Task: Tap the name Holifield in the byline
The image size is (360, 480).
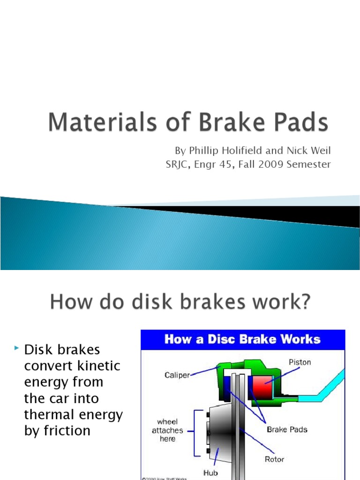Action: point(238,150)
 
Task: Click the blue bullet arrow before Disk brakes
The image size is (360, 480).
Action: point(17,348)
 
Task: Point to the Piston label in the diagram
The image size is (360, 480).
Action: point(300,362)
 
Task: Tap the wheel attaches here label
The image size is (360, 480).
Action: point(167,430)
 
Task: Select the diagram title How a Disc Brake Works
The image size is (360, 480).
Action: point(242,339)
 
